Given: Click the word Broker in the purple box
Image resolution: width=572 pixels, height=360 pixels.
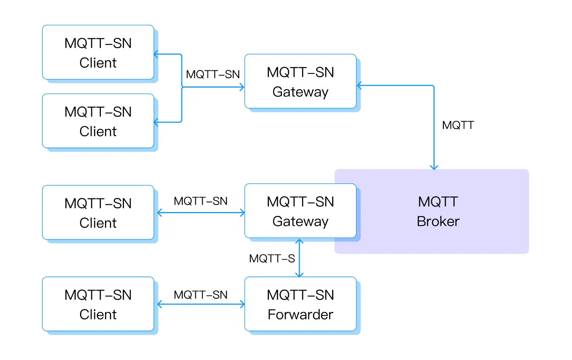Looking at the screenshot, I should click(x=438, y=221).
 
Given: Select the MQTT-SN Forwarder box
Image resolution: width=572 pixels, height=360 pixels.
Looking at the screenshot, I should click(x=300, y=304).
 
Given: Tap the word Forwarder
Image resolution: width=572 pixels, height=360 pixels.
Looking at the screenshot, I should click(x=300, y=315).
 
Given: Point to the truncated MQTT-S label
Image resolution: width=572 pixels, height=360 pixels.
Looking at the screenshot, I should click(x=272, y=258).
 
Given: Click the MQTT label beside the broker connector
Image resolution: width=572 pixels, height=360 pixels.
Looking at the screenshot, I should click(x=458, y=125).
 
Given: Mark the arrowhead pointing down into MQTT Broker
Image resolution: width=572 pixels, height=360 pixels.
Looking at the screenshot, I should click(x=434, y=167).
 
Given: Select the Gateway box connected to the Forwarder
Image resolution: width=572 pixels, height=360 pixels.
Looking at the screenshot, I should click(x=300, y=211).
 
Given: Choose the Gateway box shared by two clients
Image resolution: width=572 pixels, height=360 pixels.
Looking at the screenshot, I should click(x=300, y=81).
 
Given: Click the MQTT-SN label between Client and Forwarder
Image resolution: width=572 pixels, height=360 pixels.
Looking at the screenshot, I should click(x=200, y=295).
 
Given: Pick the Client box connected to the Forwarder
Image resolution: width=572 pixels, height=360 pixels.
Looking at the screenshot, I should click(x=98, y=304).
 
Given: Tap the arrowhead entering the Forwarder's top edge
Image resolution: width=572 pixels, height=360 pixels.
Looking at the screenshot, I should click(x=299, y=275).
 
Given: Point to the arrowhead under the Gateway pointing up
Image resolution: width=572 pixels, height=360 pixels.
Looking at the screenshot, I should click(x=299, y=241).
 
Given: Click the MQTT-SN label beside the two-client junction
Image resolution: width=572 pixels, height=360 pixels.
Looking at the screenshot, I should click(x=213, y=74).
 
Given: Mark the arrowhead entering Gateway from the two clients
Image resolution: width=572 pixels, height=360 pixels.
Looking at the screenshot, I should click(x=242, y=87).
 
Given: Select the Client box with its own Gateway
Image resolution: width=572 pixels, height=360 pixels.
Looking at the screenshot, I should click(x=98, y=212).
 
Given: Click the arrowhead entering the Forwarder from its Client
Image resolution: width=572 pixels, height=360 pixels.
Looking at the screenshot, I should click(x=242, y=304).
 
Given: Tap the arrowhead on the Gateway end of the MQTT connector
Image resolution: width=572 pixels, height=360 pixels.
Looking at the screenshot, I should click(x=359, y=86).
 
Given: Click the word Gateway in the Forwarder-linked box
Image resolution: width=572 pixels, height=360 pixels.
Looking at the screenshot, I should click(x=300, y=221).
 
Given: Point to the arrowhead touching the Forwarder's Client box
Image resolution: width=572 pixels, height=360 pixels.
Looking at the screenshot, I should click(x=160, y=304).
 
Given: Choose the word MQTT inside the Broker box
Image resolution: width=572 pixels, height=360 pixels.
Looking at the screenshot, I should click(x=438, y=202).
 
